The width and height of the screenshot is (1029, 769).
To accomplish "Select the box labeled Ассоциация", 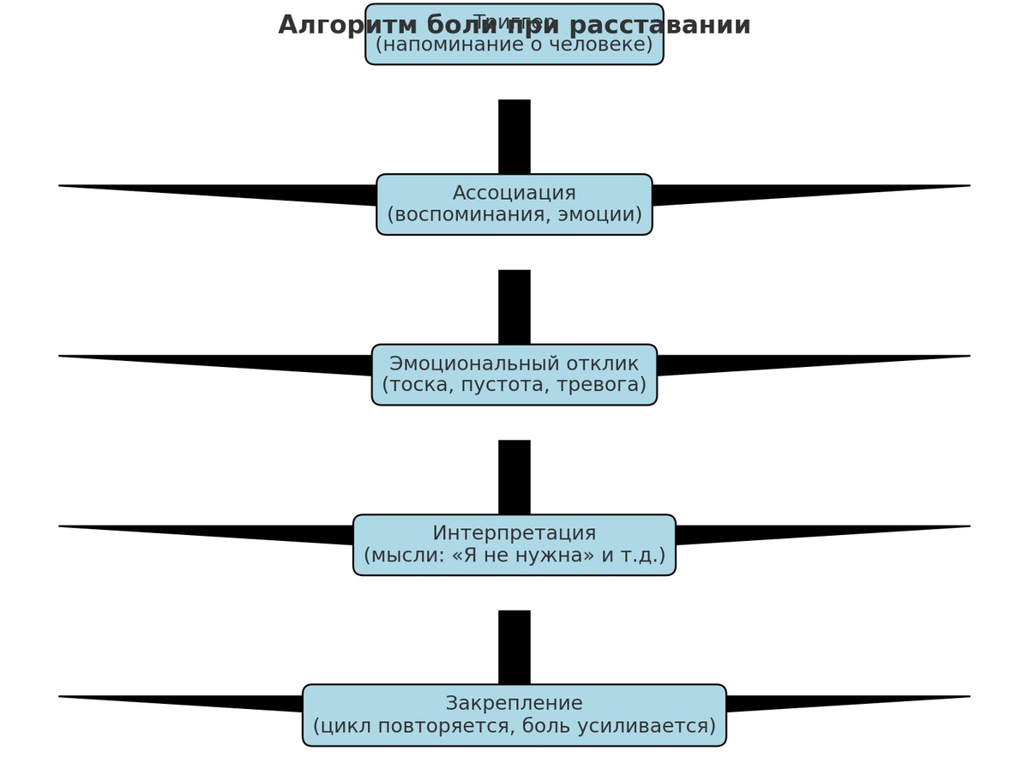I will coord(514,204).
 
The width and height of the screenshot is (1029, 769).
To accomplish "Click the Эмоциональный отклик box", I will coord(514,375).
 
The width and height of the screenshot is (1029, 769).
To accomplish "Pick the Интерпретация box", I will coord(514,544).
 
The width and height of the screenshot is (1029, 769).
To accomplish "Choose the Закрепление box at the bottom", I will coord(514,715).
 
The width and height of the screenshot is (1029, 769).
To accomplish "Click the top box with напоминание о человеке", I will coord(514,45).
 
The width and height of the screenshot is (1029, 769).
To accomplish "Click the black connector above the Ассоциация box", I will coord(514,137).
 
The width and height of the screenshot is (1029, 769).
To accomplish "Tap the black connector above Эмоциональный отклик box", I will coord(514,307).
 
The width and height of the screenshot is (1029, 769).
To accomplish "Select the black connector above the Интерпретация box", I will coord(514,478).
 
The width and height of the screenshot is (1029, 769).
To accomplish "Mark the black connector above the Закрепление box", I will coord(514,647).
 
